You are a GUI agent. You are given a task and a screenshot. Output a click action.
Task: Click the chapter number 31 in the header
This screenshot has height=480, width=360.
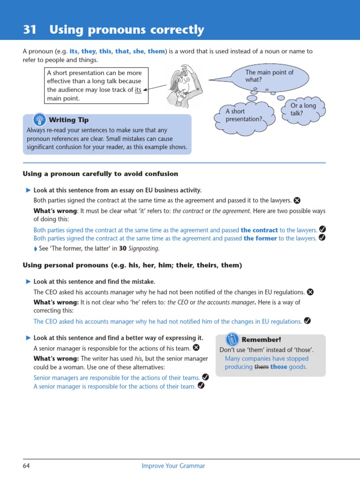coord(30,30)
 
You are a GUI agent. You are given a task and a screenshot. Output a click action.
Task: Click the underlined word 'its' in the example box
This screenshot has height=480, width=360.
coord(138,90)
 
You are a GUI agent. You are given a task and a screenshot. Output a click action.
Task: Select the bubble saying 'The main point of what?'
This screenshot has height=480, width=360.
coord(269,76)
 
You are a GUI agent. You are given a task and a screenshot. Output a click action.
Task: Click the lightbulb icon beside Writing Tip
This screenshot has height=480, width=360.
coord(39,120)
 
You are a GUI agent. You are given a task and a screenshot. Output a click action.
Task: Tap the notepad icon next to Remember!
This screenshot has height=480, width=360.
coord(232,339)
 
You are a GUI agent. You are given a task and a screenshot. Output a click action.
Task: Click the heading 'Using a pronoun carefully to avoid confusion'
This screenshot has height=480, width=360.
coord(100,174)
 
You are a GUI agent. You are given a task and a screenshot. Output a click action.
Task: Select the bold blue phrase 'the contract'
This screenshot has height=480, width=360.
coord(259,230)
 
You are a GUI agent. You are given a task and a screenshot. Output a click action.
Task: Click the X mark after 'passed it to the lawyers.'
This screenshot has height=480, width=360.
coord(297,200)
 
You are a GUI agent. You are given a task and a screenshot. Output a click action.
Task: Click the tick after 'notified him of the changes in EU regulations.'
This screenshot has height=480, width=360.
coord(307,321)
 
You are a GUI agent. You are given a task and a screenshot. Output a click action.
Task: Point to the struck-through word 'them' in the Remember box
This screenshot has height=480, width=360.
coord(261,367)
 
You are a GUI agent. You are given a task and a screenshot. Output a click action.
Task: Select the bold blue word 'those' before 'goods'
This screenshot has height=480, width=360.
coord(278,367)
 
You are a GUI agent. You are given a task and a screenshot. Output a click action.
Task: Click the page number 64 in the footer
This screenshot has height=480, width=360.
coord(26,466)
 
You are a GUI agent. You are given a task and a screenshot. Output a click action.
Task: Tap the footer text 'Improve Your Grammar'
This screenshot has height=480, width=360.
coord(173,466)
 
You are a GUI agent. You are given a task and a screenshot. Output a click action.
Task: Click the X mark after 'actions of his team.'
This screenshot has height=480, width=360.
coord(196,348)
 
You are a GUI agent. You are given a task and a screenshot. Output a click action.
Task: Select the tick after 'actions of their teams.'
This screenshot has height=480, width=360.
coord(205,377)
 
